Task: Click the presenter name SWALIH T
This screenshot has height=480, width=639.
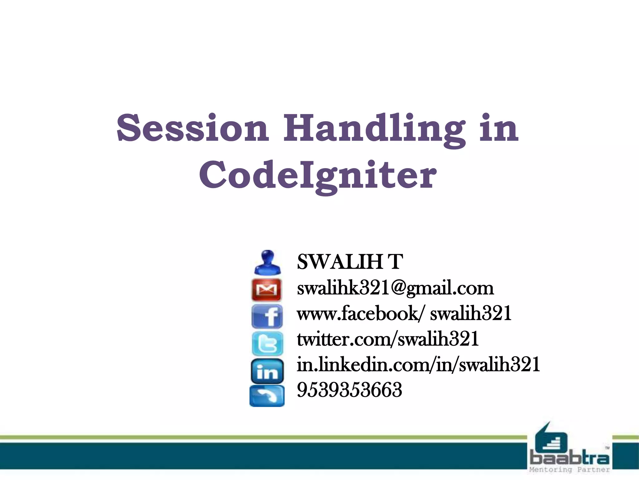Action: point(350,262)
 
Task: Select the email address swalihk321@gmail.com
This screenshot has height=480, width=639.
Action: point(395,288)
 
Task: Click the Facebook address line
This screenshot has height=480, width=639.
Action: point(404,313)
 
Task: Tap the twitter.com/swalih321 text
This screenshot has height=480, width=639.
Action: point(388,339)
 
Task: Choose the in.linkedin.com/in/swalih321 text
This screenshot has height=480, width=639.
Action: point(418,365)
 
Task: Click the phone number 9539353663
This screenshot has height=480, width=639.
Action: point(349,390)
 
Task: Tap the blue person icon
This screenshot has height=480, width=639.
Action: point(267,262)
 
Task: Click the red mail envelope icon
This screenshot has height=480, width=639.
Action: point(267,290)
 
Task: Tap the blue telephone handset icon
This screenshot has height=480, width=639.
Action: point(267,396)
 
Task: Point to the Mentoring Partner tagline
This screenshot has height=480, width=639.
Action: point(570,470)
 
